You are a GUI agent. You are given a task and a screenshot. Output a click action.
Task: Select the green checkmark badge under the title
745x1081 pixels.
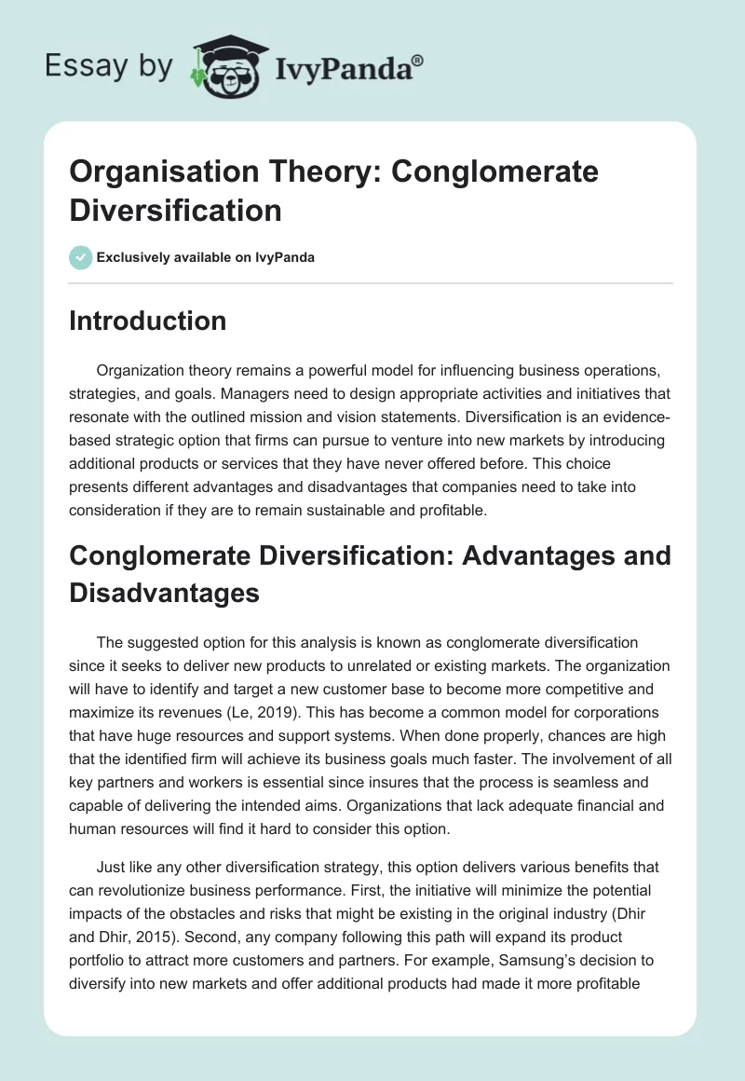click(81, 257)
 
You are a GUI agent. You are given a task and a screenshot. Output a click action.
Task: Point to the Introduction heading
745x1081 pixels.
click(148, 321)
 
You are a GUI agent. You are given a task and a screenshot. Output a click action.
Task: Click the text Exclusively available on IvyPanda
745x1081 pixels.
click(207, 257)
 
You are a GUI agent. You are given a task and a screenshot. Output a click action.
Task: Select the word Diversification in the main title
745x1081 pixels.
click(176, 210)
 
